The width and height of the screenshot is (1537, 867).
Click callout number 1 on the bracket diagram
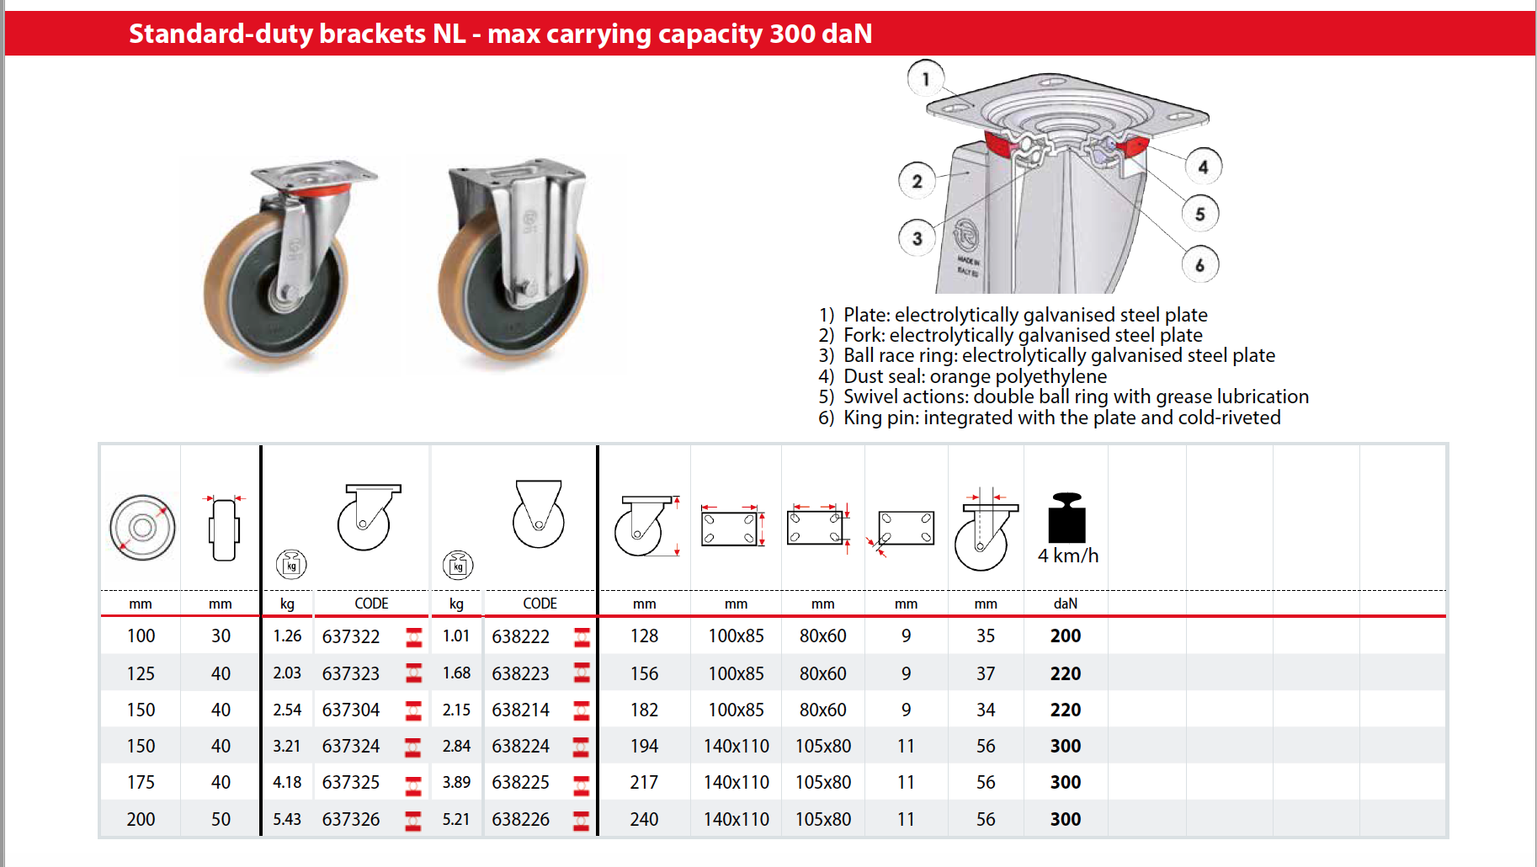(x=925, y=79)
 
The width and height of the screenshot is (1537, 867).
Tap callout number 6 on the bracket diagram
(x=1199, y=265)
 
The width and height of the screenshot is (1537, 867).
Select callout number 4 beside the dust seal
(x=1203, y=167)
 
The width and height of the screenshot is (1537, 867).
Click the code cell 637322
(x=351, y=636)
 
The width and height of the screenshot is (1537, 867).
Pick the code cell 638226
(x=520, y=819)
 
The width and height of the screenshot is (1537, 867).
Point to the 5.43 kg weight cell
(x=286, y=819)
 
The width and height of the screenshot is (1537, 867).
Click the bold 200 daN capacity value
(x=1065, y=636)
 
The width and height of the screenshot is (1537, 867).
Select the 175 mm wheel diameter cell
(x=141, y=782)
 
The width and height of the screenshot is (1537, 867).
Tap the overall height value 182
(x=644, y=710)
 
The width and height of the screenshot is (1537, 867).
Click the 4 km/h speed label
(x=1067, y=556)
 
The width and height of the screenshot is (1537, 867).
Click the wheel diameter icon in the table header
(x=142, y=528)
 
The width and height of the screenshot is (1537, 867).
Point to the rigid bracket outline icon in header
(x=538, y=514)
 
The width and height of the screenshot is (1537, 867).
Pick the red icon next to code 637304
(x=413, y=710)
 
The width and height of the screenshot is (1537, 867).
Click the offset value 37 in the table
(x=985, y=673)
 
